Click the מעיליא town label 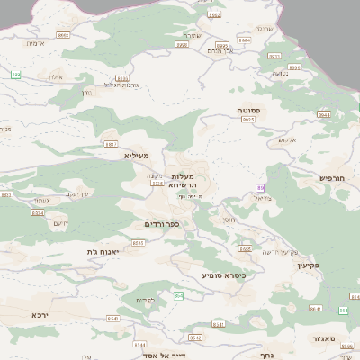click(x=135, y=156)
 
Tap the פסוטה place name click(x=249, y=110)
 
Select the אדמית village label click(x=35, y=43)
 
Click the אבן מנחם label click(x=220, y=51)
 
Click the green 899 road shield click(x=15, y=73)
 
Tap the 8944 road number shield click(x=324, y=115)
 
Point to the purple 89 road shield click(x=261, y=187)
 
